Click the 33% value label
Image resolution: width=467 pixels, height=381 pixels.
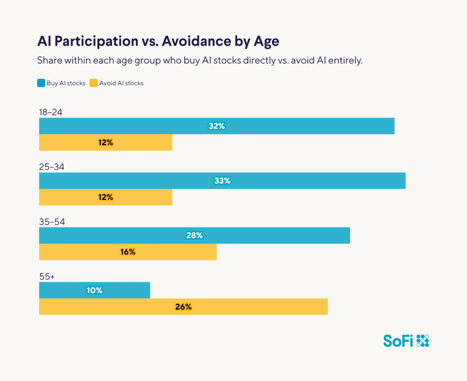(222, 181)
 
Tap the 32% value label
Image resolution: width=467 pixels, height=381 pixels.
(217, 126)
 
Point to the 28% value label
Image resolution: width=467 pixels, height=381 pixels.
(194, 236)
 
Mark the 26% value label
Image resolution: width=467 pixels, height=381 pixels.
(183, 307)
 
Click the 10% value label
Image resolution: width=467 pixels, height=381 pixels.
(95, 290)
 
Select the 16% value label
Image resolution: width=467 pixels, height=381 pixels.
(128, 252)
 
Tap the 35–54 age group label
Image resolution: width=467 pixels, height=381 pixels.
(52, 222)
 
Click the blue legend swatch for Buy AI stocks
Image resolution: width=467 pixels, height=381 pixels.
(41, 83)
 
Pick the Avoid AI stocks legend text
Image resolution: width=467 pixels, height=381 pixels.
(121, 83)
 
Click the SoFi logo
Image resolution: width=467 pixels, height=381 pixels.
(406, 340)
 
